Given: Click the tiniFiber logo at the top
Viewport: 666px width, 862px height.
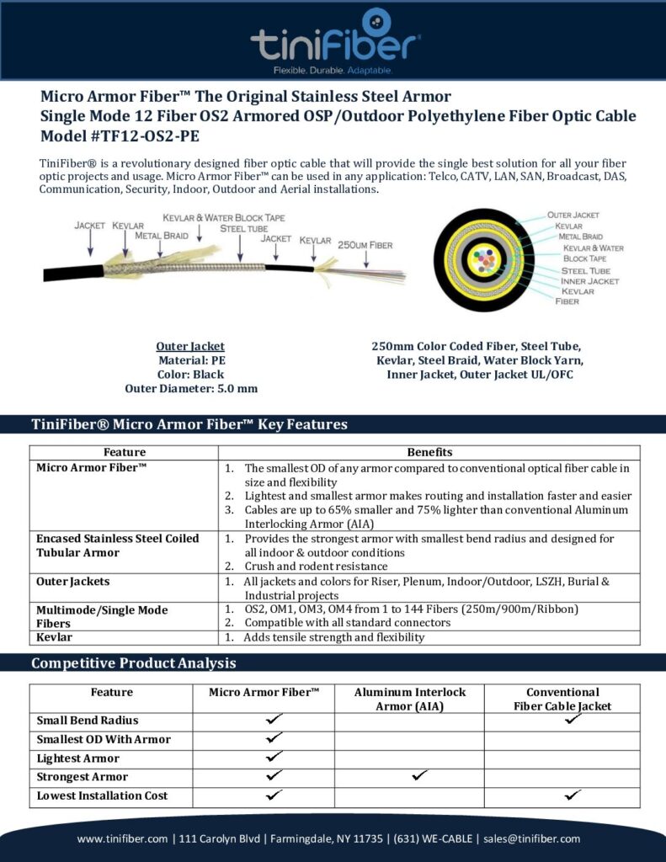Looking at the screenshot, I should click(335, 38).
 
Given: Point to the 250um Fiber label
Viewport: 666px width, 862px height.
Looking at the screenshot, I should click(365, 244).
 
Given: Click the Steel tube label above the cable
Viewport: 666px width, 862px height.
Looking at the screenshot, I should click(244, 228).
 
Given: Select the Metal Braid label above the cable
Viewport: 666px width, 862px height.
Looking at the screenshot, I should click(162, 236).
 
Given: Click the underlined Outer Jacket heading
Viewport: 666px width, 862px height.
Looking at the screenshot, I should click(190, 346).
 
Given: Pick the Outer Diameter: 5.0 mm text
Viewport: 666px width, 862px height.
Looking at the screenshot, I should click(190, 388).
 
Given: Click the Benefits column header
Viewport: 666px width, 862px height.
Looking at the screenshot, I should click(429, 452).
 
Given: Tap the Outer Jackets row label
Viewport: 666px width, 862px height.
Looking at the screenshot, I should click(72, 581).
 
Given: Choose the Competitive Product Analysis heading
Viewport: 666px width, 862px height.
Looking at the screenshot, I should click(133, 663).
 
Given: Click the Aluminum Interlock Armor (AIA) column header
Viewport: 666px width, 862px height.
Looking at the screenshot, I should click(409, 699).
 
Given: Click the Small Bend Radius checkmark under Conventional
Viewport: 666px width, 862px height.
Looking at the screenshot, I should click(573, 720).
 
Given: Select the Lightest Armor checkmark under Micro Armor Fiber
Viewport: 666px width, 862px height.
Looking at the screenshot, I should click(274, 758).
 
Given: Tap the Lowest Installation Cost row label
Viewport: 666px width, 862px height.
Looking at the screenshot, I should click(102, 795).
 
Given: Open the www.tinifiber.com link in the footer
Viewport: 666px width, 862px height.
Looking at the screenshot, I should click(123, 838).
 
